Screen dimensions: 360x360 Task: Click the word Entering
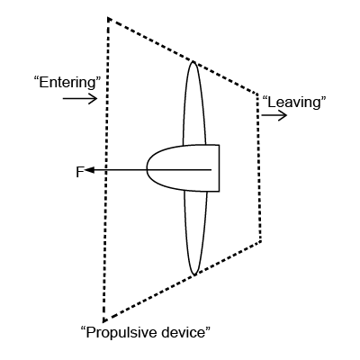[x=67, y=83]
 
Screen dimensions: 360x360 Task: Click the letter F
[x=79, y=172]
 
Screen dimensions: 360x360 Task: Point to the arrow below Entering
[x=80, y=98]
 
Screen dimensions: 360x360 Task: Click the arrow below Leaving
[x=274, y=115]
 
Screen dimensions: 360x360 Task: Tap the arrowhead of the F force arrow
[x=90, y=170]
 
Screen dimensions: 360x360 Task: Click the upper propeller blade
[x=194, y=103]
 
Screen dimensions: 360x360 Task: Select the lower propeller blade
[x=195, y=233]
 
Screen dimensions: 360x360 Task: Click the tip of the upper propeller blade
[x=193, y=61]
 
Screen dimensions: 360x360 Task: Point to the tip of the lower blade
[x=194, y=274]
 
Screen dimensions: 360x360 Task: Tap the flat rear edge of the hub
[x=219, y=168]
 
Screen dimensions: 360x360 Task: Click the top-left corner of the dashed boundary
[x=108, y=18]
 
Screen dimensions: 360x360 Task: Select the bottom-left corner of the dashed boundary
[x=103, y=321]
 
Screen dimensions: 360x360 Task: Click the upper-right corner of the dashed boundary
[x=256, y=94]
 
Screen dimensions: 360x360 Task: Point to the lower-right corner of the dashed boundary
[x=260, y=240]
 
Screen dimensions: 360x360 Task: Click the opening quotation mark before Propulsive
[x=83, y=328]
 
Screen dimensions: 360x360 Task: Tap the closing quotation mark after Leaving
[x=323, y=98]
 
